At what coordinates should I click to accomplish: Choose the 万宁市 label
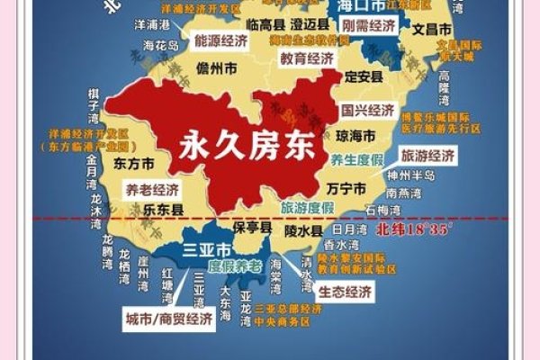(x=346, y=188)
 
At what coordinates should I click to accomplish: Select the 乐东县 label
(x=140, y=209)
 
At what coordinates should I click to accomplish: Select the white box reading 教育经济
(x=306, y=58)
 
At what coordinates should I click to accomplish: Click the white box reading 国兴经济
(x=367, y=111)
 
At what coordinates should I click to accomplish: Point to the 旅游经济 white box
(x=427, y=156)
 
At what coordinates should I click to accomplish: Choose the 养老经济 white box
(x=152, y=189)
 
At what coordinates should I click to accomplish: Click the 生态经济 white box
(x=344, y=292)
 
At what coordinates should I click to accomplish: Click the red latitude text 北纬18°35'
(x=413, y=229)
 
